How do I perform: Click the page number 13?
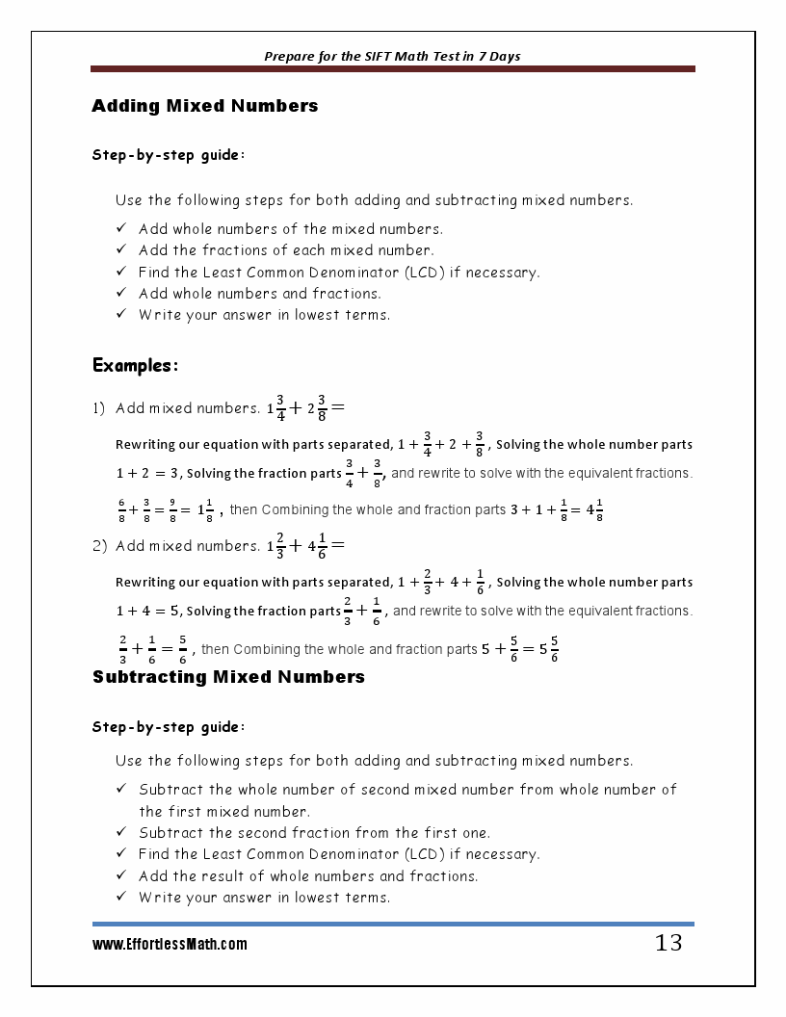[668, 943]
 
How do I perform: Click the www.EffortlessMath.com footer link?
[170, 945]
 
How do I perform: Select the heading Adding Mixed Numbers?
[204, 106]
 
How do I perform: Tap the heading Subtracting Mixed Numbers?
[228, 677]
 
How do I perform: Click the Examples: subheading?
[135, 366]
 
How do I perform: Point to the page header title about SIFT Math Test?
[392, 56]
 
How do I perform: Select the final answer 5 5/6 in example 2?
[549, 649]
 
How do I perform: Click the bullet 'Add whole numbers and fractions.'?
[260, 294]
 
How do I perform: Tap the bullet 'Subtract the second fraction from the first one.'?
[314, 833]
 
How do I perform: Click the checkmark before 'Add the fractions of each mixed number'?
[121, 250]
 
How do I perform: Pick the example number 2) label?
[99, 546]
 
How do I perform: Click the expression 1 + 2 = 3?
[147, 474]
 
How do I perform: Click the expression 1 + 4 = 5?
[148, 612]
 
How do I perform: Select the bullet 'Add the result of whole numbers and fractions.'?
[308, 876]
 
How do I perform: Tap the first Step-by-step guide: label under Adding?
[169, 154]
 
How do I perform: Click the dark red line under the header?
[392, 69]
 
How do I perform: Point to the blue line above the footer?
[392, 925]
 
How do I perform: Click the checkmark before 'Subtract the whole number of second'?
[121, 789]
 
